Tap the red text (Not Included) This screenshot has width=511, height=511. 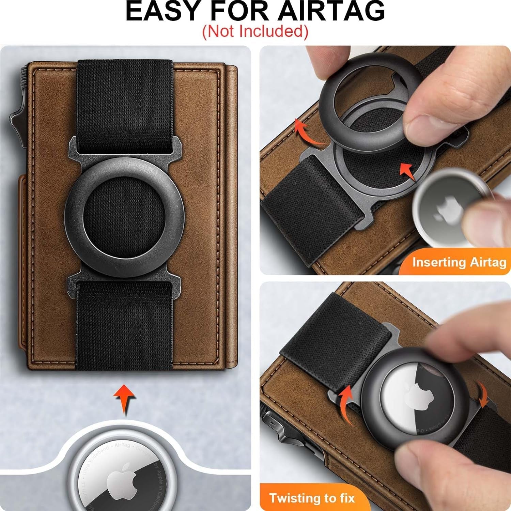click(255, 31)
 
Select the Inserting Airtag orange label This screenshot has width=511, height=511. click(459, 262)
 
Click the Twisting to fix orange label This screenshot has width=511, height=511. click(312, 498)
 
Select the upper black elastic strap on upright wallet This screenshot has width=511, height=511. click(125, 106)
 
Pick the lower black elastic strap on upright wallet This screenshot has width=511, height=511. click(124, 324)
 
